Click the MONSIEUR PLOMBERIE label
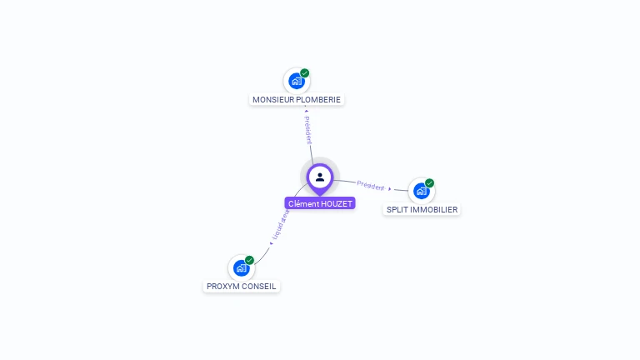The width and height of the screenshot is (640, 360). pyautogui.click(x=297, y=100)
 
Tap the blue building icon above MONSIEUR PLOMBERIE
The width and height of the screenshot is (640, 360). pyautogui.click(x=295, y=81)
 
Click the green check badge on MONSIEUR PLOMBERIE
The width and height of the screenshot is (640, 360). pyautogui.click(x=305, y=73)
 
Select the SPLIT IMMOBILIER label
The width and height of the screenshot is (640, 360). pyautogui.click(x=422, y=210)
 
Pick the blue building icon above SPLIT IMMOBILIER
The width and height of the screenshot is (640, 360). pyautogui.click(x=421, y=191)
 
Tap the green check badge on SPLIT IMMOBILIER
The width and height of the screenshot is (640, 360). pyautogui.click(x=430, y=183)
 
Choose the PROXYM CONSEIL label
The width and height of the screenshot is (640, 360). pyautogui.click(x=241, y=287)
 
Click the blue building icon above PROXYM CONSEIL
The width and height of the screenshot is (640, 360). pyautogui.click(x=241, y=267)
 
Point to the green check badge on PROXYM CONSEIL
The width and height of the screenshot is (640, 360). pyautogui.click(x=249, y=260)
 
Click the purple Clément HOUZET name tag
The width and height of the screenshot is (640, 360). pyautogui.click(x=320, y=203)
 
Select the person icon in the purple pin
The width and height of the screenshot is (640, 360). pyautogui.click(x=320, y=177)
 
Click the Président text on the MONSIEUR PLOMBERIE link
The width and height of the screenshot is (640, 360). pyautogui.click(x=307, y=130)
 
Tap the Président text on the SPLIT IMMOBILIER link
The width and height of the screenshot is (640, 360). pyautogui.click(x=371, y=186)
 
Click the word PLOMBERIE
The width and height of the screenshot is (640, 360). pyautogui.click(x=320, y=100)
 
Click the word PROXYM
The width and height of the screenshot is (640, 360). pyautogui.click(x=223, y=287)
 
